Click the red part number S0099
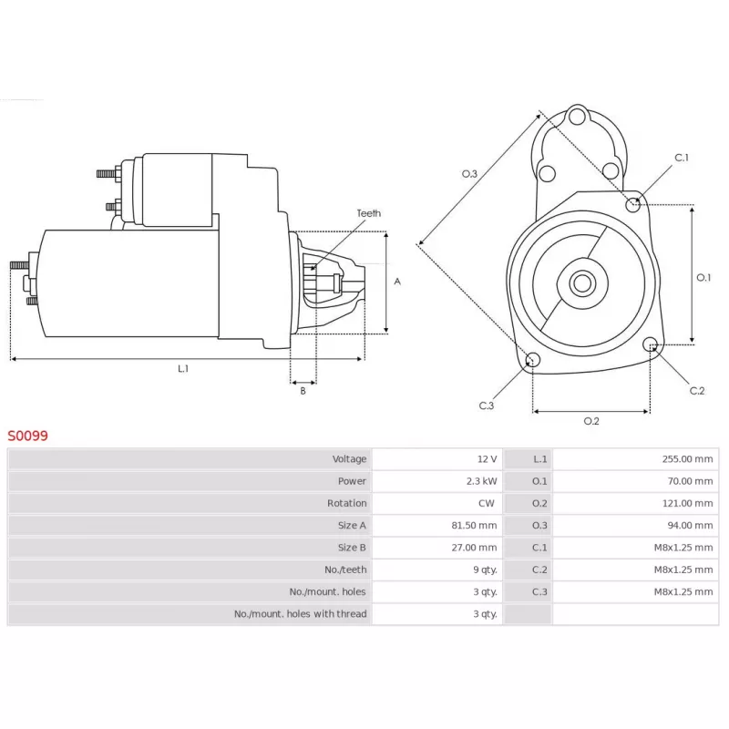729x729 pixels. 28,436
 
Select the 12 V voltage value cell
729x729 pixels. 487,459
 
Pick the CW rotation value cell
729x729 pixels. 488,503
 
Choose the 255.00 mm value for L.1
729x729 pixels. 687,459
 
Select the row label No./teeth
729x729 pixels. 346,570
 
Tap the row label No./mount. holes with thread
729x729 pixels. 300,614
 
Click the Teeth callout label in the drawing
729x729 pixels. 368,213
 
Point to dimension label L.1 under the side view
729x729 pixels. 183,368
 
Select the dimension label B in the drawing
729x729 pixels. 303,391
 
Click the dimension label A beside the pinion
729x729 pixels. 397,282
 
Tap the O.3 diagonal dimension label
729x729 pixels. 469,174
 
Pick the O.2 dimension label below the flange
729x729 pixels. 590,421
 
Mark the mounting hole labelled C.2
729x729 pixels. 651,344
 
